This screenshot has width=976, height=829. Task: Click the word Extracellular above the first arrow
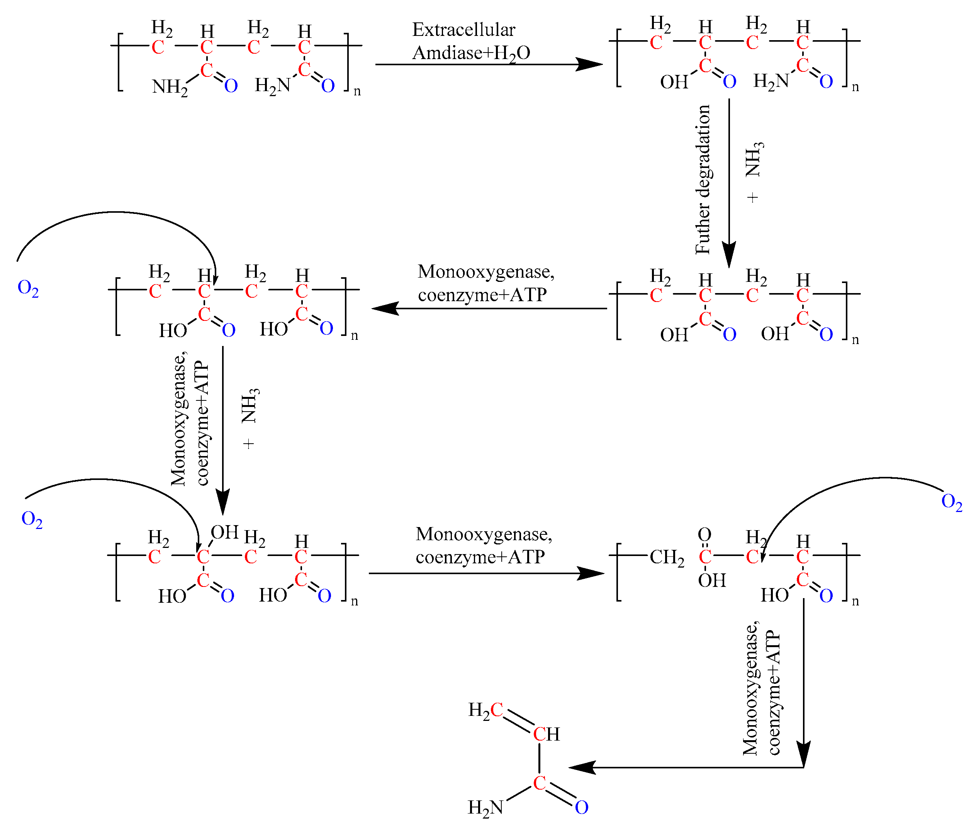(x=463, y=30)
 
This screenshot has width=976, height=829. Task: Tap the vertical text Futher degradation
(x=703, y=180)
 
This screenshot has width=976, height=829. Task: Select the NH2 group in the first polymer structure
(x=169, y=87)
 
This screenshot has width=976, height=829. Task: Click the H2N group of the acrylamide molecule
(x=485, y=807)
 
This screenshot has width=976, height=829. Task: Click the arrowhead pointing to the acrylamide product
(x=582, y=768)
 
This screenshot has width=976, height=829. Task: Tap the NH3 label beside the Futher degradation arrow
(x=754, y=159)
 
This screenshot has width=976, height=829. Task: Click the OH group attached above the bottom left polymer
(x=224, y=532)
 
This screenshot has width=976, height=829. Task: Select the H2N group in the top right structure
(x=770, y=81)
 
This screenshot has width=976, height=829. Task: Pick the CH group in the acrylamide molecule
(x=546, y=734)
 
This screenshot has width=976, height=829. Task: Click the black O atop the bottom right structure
(x=704, y=534)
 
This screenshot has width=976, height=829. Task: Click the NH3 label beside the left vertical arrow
(x=250, y=406)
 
